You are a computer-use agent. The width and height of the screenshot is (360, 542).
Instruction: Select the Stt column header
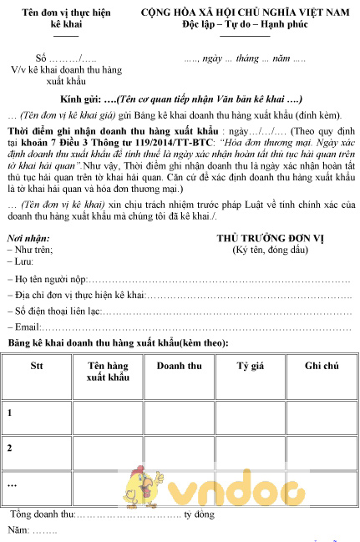(x=37, y=367)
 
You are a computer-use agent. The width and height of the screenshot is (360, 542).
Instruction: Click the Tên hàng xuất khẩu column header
(x=108, y=372)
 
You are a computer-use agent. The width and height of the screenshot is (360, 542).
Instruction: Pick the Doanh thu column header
(x=179, y=367)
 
